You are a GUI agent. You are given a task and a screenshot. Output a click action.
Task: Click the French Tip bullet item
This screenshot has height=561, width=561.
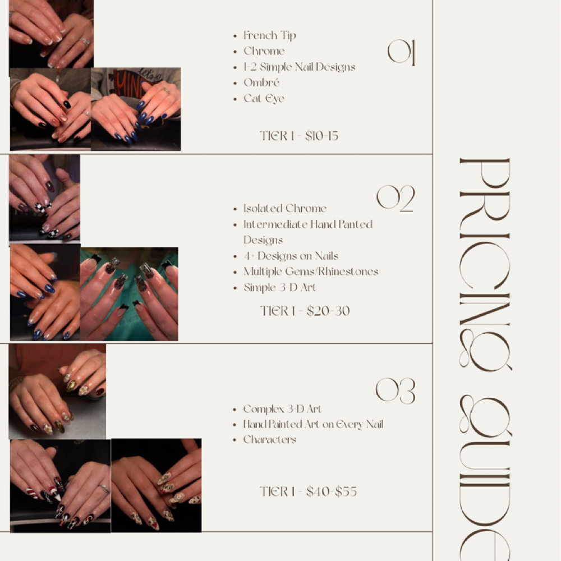pyautogui.click(x=269, y=36)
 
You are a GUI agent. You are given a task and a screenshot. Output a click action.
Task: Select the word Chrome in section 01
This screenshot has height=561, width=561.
pyautogui.click(x=264, y=52)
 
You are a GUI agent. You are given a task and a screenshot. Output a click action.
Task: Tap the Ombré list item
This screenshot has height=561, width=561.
pyautogui.click(x=261, y=83)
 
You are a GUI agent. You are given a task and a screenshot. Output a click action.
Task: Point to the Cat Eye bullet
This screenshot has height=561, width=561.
pyautogui.click(x=264, y=99)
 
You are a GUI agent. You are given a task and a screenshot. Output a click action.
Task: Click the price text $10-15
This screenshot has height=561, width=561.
pyautogui.click(x=322, y=136)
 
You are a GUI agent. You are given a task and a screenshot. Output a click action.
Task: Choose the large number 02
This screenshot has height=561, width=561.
pyautogui.click(x=396, y=199)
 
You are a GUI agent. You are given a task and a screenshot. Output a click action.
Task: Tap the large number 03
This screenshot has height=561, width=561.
pyautogui.click(x=395, y=391)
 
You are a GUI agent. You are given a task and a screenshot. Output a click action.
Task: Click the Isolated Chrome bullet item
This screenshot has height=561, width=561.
pyautogui.click(x=284, y=209)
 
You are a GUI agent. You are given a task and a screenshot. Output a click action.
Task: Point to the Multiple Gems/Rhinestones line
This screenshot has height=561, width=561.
pyautogui.click(x=310, y=272)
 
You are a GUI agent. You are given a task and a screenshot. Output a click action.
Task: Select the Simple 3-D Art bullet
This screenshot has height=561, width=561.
pyautogui.click(x=279, y=288)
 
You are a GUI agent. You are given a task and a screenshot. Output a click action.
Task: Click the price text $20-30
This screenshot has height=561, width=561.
pyautogui.click(x=328, y=311)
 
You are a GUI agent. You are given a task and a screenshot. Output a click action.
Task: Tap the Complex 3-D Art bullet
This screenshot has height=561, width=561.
pyautogui.click(x=282, y=409)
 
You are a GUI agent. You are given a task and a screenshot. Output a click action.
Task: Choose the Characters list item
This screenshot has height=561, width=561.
pyautogui.click(x=270, y=440)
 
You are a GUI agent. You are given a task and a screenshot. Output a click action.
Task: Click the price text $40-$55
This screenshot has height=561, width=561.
pyautogui.click(x=332, y=493)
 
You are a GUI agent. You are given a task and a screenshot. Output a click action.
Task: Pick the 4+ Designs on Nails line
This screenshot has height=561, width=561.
pyautogui.click(x=291, y=256)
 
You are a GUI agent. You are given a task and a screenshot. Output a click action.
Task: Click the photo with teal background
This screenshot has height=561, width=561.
pyautogui.click(x=129, y=294)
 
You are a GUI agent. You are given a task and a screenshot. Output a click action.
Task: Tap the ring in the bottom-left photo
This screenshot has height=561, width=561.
pyautogui.click(x=104, y=489)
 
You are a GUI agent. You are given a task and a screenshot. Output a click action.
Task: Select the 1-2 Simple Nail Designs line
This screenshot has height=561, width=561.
pyautogui.click(x=299, y=67)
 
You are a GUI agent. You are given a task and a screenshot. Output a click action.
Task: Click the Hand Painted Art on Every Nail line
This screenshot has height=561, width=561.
pyautogui.click(x=313, y=425)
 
